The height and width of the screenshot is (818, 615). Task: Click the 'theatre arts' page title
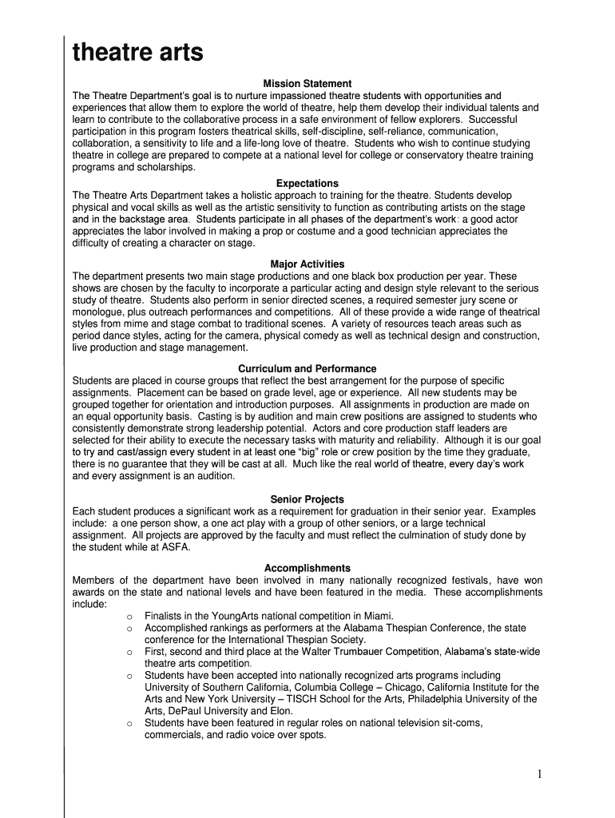coord(137,54)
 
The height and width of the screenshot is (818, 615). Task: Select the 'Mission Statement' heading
coord(307,84)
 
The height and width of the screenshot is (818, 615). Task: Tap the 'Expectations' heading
coord(307,184)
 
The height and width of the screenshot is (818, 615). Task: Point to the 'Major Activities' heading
coord(307,264)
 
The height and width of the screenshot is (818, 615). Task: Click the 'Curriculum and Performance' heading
coord(307,369)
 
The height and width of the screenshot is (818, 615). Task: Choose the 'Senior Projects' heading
coord(307,499)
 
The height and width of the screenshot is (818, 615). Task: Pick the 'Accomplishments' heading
coord(307,569)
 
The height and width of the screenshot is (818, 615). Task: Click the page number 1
coord(541,774)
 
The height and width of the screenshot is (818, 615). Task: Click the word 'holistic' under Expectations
coord(250,196)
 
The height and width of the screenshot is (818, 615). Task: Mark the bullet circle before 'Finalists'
coord(129,617)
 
